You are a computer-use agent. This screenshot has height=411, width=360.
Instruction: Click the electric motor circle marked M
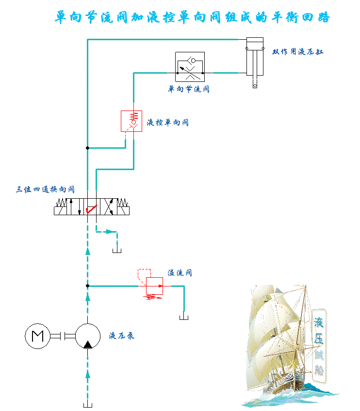coord(37,335)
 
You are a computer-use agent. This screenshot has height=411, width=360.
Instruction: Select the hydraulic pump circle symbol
coord(87,336)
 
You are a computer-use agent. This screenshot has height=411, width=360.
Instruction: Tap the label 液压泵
coord(122,335)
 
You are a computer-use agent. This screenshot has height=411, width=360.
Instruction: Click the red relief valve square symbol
coord(154,286)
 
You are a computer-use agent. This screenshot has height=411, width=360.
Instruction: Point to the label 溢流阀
coord(180,273)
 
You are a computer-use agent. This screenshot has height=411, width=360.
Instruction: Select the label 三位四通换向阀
coord(45,190)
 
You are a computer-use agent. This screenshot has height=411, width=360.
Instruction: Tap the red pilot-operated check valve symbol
coord(130,121)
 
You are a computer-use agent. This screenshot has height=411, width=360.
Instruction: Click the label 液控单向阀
coord(167,123)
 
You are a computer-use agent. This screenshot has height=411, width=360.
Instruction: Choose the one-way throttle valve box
coord(190,67)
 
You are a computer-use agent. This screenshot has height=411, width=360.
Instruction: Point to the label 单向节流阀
coord(189,89)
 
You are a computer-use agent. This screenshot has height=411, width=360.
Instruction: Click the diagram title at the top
coord(192,17)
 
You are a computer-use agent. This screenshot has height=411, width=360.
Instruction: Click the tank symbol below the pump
coord(88,404)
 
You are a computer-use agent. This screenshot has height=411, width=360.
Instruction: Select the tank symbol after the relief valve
coord(184,317)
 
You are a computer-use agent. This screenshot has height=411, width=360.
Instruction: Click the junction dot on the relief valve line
coord(87,286)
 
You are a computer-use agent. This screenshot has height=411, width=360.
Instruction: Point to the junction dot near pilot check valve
coord(87,147)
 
